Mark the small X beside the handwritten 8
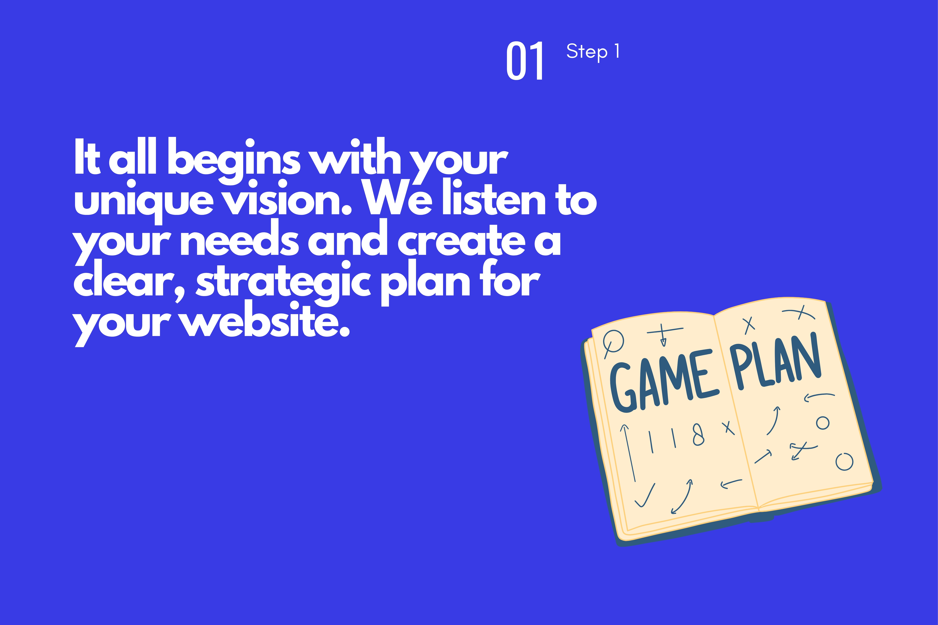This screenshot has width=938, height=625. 728,428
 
